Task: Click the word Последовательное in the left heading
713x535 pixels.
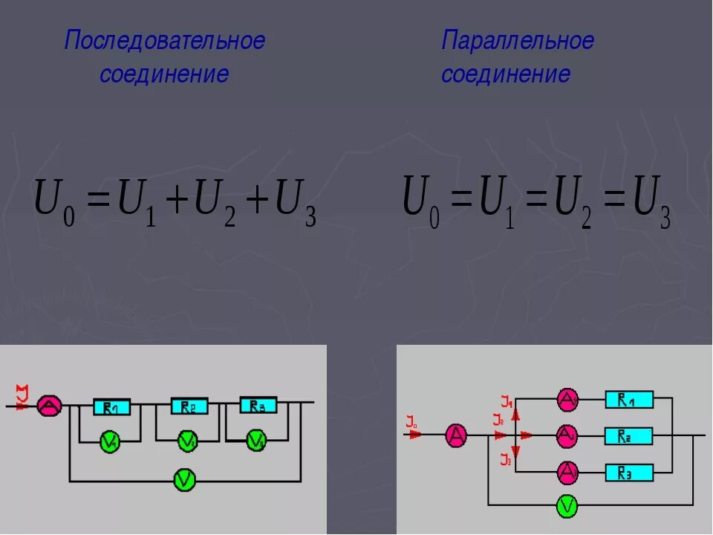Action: click(x=164, y=41)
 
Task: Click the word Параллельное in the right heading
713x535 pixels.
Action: click(x=518, y=41)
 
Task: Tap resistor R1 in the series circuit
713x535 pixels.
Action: click(x=112, y=407)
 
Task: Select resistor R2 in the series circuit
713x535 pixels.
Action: click(x=189, y=406)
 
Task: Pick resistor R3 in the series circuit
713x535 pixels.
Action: click(x=258, y=406)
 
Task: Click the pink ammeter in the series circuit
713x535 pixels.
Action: click(x=50, y=406)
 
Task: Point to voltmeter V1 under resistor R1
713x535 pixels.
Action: click(x=111, y=442)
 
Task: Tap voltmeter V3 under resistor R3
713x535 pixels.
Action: click(x=257, y=441)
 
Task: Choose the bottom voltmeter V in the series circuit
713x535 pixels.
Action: click(x=183, y=481)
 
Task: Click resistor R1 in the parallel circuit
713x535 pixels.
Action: click(x=629, y=401)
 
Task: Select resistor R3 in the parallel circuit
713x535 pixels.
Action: click(x=629, y=472)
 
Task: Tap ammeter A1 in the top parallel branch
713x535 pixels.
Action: click(x=568, y=401)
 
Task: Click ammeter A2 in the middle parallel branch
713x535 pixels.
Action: click(x=568, y=435)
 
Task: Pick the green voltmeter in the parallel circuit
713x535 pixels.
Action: click(x=567, y=507)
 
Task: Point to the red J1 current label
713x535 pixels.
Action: click(x=507, y=403)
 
